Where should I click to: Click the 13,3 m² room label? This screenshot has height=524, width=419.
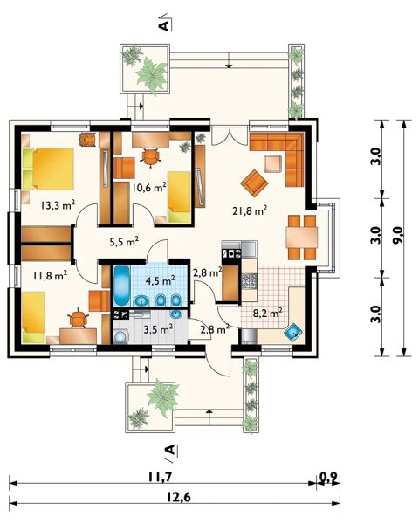58,205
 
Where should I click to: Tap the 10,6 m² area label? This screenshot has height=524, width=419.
149,187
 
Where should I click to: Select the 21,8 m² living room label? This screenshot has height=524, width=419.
250,210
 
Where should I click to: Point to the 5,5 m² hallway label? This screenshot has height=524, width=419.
124,241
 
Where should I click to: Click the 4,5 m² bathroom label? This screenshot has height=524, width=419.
161,280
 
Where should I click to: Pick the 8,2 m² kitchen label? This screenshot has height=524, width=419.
268,314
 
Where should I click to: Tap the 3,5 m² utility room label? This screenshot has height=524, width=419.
158,329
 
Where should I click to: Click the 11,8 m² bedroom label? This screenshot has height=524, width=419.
50,276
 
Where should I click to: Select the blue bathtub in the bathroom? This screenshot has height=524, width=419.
120,286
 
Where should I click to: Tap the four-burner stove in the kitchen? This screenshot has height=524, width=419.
250,281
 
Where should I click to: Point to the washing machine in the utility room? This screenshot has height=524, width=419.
120,336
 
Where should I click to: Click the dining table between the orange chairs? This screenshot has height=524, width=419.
302,238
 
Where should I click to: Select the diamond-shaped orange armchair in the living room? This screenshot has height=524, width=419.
254,183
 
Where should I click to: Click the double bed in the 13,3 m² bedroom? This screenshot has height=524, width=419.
48,169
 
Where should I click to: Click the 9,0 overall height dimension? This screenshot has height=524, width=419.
398,238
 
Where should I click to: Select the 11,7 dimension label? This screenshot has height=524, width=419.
160,477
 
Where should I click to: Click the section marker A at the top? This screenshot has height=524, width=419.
165,24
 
